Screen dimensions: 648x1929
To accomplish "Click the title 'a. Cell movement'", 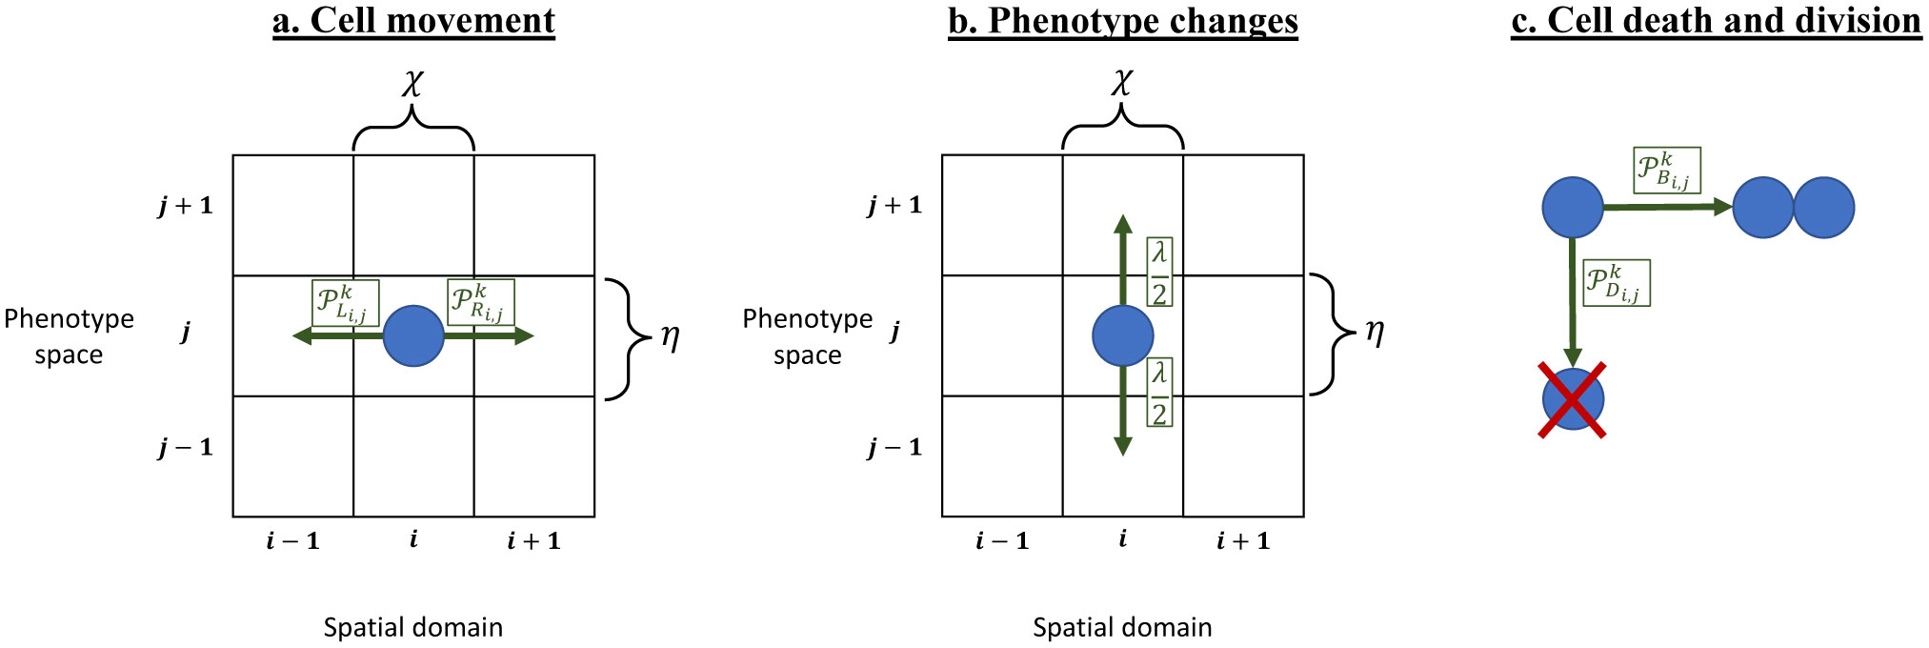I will [x=413, y=21].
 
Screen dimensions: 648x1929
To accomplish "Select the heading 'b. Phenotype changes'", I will [x=1122, y=21].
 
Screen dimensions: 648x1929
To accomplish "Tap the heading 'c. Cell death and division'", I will [x=1716, y=21].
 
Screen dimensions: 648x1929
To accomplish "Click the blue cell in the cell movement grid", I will [x=413, y=335].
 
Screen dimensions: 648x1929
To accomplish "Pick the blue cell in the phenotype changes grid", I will [x=1122, y=335].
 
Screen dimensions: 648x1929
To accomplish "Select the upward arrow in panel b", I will [x=1123, y=257].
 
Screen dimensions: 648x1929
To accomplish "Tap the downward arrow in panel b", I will [x=1123, y=415].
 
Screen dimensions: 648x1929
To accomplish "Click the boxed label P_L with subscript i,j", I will [x=345, y=303].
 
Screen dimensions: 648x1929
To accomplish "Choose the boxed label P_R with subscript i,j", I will [x=481, y=302].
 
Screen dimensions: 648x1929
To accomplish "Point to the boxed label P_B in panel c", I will [x=1666, y=170].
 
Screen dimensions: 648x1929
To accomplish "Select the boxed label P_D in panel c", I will [x=1616, y=283].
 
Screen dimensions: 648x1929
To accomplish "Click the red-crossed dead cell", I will [x=1573, y=399].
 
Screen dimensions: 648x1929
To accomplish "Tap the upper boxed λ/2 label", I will [x=1159, y=272].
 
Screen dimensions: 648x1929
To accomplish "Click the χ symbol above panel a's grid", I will [x=412, y=83].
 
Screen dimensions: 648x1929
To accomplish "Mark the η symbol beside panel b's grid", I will [x=1375, y=332].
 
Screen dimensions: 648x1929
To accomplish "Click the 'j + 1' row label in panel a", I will [x=186, y=205].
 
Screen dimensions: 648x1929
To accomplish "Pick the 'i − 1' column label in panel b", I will [x=1002, y=541].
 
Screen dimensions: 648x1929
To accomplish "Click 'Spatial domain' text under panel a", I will [x=412, y=627].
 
